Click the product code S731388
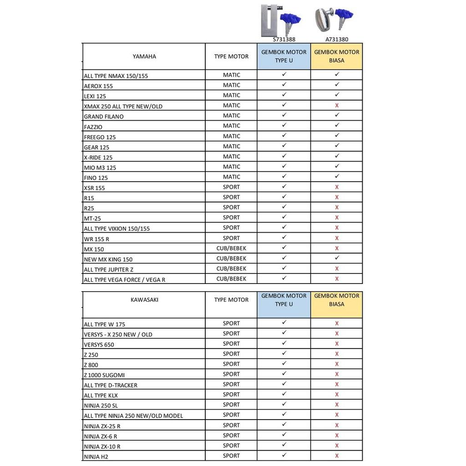[284, 40]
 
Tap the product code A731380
[337, 40]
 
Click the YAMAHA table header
[144, 56]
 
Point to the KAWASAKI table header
[144, 300]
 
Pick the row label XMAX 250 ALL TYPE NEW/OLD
[123, 106]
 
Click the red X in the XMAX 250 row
[337, 106]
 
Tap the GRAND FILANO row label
[104, 116]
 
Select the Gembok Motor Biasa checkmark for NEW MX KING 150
[337, 258]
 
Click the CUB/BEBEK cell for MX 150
[231, 248]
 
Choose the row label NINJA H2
[96, 456]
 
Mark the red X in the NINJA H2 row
[337, 456]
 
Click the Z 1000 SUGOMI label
[104, 375]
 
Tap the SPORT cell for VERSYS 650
[231, 344]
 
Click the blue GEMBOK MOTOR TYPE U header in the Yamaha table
[284, 56]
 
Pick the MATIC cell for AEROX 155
[231, 85]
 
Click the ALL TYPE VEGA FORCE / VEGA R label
[124, 279]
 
